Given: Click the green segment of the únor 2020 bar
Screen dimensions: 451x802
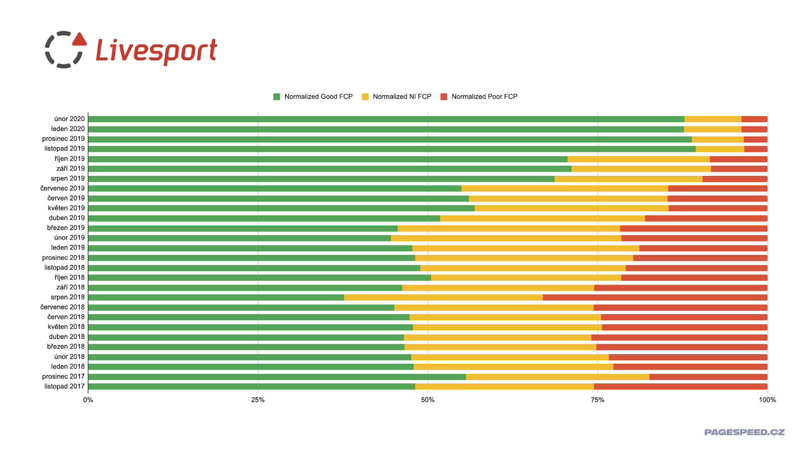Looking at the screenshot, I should (x=386, y=119).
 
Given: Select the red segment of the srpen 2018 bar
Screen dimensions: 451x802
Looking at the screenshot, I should (x=655, y=298).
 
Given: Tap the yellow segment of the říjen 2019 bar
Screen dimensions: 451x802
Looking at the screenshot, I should (x=639, y=159).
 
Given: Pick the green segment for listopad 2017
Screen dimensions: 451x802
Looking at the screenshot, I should (x=251, y=386).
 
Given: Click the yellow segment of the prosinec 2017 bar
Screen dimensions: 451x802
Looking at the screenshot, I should (x=557, y=377).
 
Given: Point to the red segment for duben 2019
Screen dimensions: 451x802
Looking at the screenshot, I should (x=706, y=218).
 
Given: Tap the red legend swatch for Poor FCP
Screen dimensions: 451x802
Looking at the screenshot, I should (x=444, y=97).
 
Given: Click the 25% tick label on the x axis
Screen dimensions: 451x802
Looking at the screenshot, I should (x=258, y=400).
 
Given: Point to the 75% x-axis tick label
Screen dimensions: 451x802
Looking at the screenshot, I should (x=597, y=400).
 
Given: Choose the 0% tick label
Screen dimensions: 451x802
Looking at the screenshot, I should (x=88, y=400).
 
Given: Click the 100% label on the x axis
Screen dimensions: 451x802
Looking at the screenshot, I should (x=767, y=400).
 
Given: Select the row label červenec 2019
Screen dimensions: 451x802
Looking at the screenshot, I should (x=63, y=188).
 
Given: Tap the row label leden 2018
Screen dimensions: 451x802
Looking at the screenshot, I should (x=68, y=367).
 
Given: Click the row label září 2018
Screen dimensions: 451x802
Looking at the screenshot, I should (x=71, y=288).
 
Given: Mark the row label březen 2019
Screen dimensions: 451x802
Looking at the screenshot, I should (x=66, y=228).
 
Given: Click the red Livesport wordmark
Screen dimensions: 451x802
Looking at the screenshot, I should (x=156, y=51).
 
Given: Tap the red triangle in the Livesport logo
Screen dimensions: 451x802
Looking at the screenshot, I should (x=79, y=40).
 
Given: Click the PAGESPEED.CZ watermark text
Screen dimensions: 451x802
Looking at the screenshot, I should (x=744, y=432).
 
